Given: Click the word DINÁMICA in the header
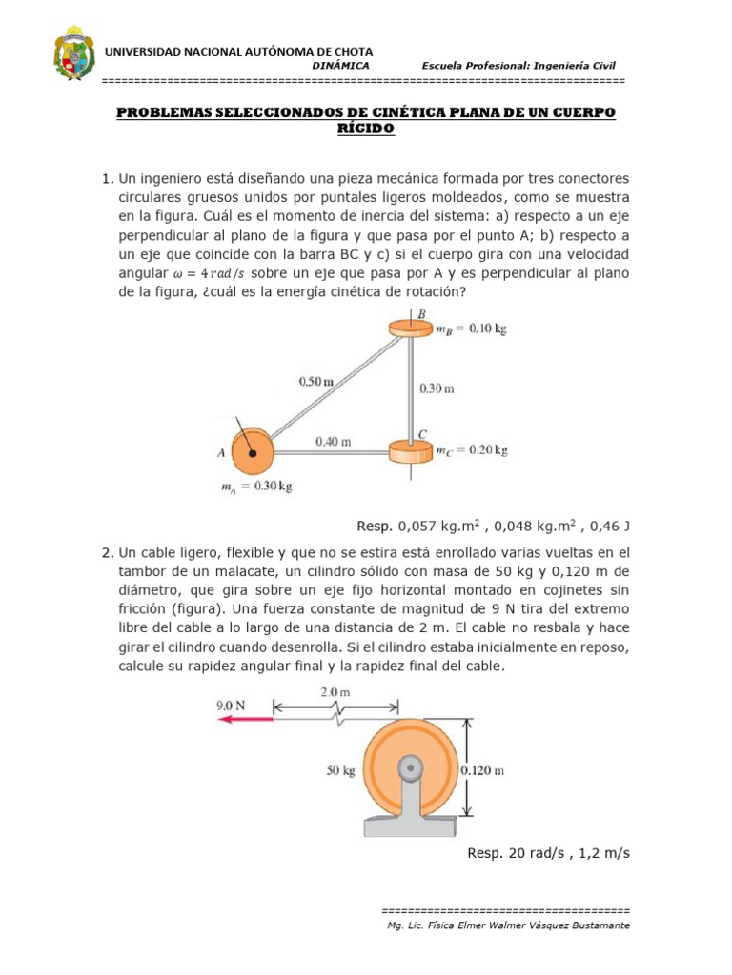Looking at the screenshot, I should click(x=340, y=65).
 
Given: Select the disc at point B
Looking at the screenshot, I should click(x=411, y=328).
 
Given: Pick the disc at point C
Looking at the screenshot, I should click(x=411, y=448).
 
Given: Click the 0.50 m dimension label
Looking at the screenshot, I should click(x=315, y=382).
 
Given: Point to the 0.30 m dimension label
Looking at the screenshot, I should click(x=437, y=388).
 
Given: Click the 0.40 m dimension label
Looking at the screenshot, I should click(x=333, y=441).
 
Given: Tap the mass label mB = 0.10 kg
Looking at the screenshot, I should click(x=471, y=328).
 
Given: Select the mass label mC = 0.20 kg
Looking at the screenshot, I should click(x=472, y=449).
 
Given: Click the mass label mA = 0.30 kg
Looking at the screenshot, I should click(x=254, y=487).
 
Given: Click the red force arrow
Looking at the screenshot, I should click(x=243, y=721).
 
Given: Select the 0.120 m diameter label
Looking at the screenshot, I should click(x=481, y=770).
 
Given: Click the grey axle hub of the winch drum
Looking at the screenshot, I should click(x=412, y=766).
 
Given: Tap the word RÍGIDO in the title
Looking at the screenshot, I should click(x=366, y=129).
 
